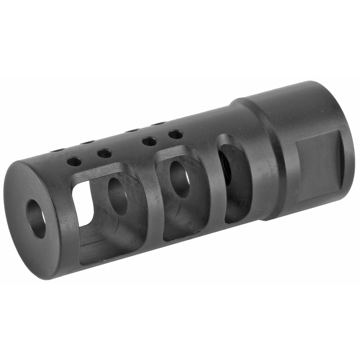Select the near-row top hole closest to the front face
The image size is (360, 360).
click(74, 162)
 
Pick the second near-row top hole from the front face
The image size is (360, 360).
click(104, 153)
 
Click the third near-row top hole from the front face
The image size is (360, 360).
click(149, 142)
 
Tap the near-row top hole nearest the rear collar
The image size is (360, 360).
click(175, 134)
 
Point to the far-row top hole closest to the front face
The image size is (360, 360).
click(58, 150)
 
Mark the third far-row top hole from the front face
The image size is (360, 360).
click(132, 130)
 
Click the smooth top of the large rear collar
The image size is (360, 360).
click(288, 102)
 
